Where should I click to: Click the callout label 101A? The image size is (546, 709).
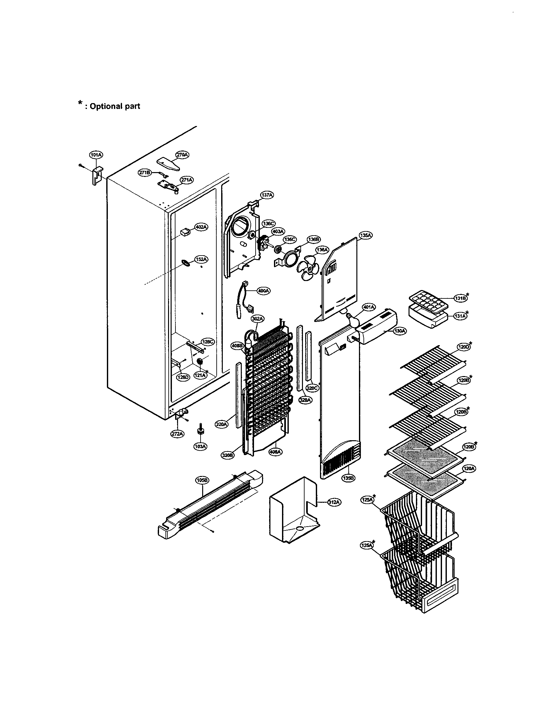(x=96, y=155)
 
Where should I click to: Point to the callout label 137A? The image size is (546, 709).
(x=267, y=195)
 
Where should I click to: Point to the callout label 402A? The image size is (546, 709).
(x=201, y=227)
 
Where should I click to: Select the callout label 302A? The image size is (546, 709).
(x=258, y=319)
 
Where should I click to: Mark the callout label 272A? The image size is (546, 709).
(x=178, y=433)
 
